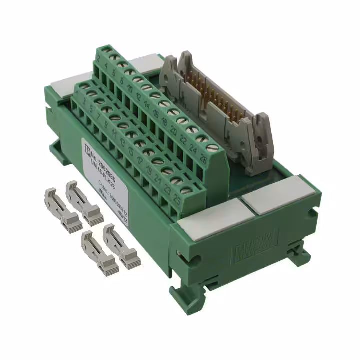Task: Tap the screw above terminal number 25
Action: (189, 189)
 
